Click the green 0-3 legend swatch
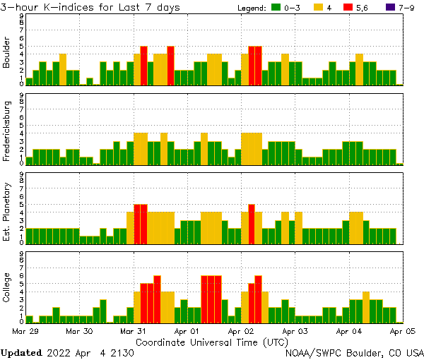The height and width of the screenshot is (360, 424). (x=276, y=8)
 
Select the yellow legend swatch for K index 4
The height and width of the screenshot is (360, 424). (x=318, y=8)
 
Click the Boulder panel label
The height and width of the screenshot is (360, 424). (x=7, y=54)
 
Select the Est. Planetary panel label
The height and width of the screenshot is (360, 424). (x=7, y=212)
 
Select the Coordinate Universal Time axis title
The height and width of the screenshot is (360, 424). (x=212, y=342)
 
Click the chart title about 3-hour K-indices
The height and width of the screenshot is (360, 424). (x=90, y=7)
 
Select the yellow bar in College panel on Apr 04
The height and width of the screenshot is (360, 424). (x=366, y=307)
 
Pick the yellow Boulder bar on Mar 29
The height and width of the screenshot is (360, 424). (x=63, y=69)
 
